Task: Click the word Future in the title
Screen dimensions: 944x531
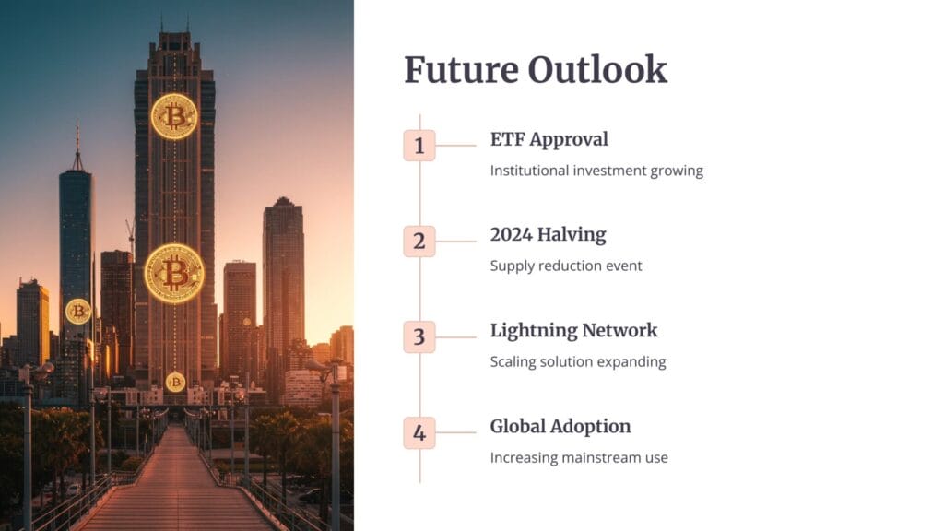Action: [461, 70]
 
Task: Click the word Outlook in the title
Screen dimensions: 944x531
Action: [597, 70]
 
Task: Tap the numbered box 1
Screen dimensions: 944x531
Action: [419, 146]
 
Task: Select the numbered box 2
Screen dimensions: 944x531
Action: [419, 242]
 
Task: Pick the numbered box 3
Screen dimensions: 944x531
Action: [419, 337]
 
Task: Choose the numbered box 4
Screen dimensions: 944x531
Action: [419, 433]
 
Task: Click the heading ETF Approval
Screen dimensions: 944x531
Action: [549, 140]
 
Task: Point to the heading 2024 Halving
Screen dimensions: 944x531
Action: [548, 235]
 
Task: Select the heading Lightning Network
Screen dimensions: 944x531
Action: [573, 331]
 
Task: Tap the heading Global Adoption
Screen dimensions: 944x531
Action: [560, 426]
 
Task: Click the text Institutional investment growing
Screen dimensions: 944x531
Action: [596, 171]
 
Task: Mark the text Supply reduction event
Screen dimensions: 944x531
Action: [566, 266]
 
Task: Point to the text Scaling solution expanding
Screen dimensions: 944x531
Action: [578, 361]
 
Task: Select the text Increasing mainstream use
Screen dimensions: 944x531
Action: [579, 457]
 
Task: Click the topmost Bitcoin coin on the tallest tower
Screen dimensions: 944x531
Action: [174, 116]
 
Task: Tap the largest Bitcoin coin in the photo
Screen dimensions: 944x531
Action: [174, 273]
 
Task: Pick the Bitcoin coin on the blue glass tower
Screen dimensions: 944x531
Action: [78, 312]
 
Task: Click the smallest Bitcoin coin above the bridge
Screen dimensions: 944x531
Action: [175, 382]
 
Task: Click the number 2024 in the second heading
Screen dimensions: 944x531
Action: [511, 235]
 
